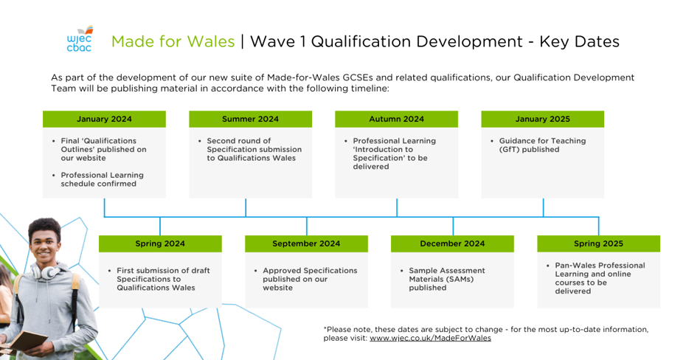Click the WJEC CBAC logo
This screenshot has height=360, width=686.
[x=79, y=41]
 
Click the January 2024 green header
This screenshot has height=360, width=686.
[x=104, y=119]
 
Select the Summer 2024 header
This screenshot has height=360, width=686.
[x=250, y=119]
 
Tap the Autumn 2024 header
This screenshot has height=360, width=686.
[x=396, y=119]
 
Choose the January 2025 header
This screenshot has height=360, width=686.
[x=542, y=119]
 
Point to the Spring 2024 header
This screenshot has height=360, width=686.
[x=160, y=243]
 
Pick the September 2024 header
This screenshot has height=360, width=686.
[x=306, y=243]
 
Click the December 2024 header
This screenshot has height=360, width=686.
[x=452, y=243]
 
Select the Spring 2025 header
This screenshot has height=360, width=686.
[x=598, y=243]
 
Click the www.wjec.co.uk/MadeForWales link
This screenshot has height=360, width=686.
[x=430, y=339]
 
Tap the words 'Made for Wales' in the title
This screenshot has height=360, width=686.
[x=173, y=41]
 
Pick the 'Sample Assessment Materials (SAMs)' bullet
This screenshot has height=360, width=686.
[x=446, y=279]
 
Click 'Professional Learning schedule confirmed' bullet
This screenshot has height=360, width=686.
[x=102, y=179]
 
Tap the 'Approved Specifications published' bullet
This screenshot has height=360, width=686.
[x=310, y=279]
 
